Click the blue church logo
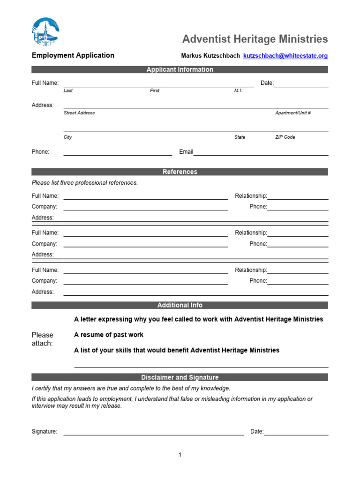click(45, 32)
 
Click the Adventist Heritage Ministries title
click(255, 39)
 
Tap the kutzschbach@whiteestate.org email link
click(285, 56)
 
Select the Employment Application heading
click(73, 55)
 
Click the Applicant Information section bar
click(180, 70)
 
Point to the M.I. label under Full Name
click(238, 90)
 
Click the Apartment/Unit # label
click(292, 113)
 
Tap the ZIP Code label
click(285, 137)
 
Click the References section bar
click(180, 172)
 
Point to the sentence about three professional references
click(85, 183)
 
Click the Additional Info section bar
click(180, 305)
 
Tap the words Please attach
click(43, 339)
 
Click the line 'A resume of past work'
click(109, 335)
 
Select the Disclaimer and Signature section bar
click(180, 377)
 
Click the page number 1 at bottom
click(180, 455)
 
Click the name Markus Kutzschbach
click(210, 56)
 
